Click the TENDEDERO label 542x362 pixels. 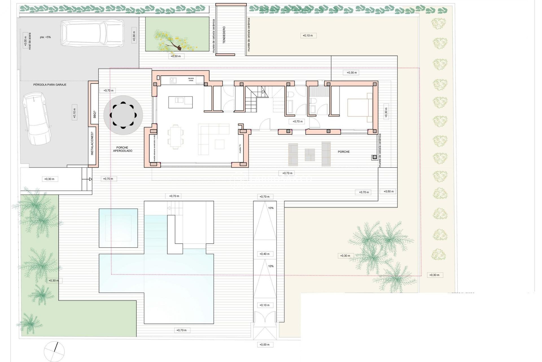(x=224, y=35)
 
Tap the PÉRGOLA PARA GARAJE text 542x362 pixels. (x=50, y=85)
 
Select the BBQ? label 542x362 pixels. (x=95, y=115)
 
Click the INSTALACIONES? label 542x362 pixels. (x=92, y=145)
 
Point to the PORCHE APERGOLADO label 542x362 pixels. (x=123, y=149)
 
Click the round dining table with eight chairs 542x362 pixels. (x=123, y=115)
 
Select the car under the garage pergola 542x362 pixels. (x=37, y=118)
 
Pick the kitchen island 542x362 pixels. (x=181, y=102)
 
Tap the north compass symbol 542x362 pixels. (x=54, y=352)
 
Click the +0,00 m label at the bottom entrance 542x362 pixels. (x=265, y=344)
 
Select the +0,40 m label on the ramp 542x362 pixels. (x=265, y=254)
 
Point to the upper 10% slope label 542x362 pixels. (x=271, y=208)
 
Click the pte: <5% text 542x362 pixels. (x=45, y=37)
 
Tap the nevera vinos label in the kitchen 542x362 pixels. (x=191, y=79)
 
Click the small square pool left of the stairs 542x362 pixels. (x=118, y=228)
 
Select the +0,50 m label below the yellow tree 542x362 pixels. (x=176, y=56)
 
